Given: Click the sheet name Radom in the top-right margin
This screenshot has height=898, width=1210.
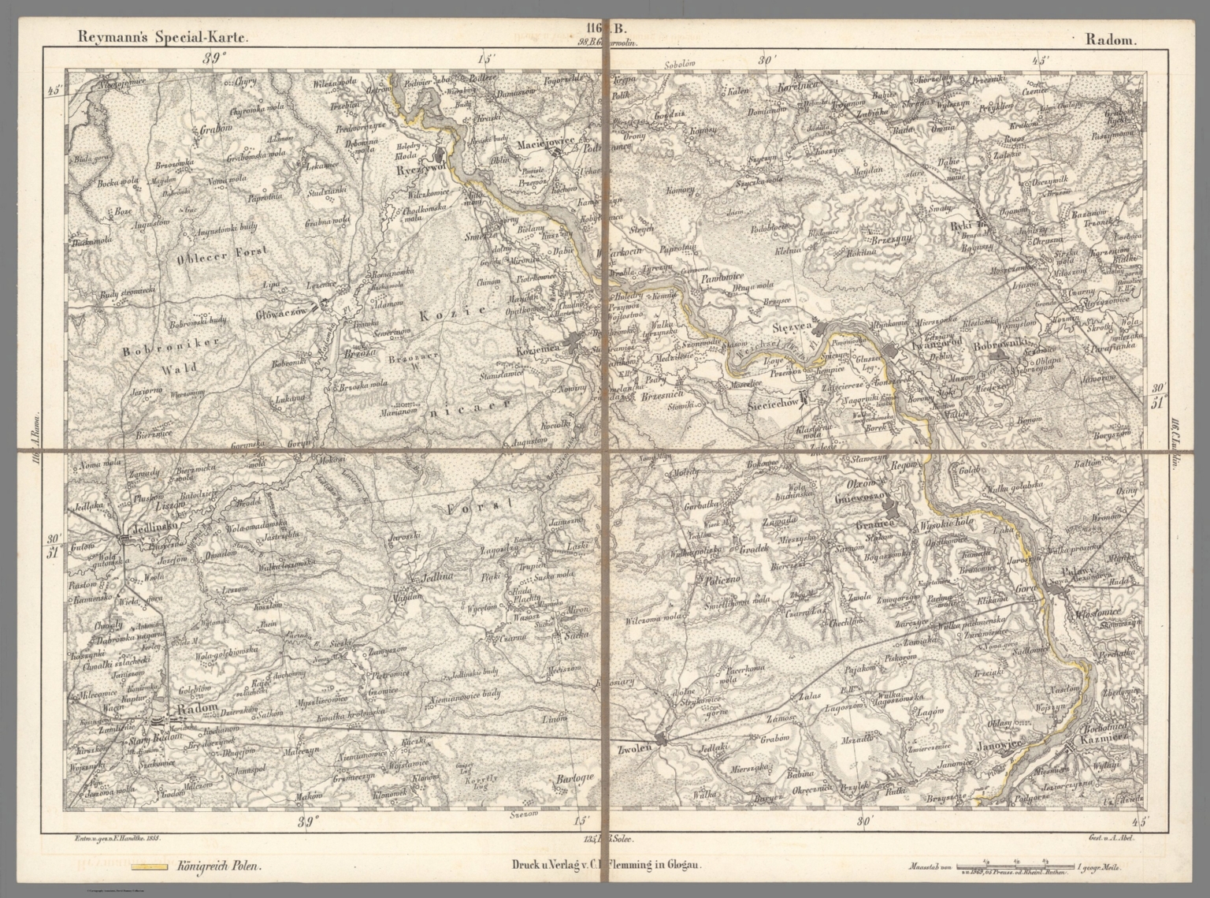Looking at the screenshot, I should tap(1110, 38).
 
